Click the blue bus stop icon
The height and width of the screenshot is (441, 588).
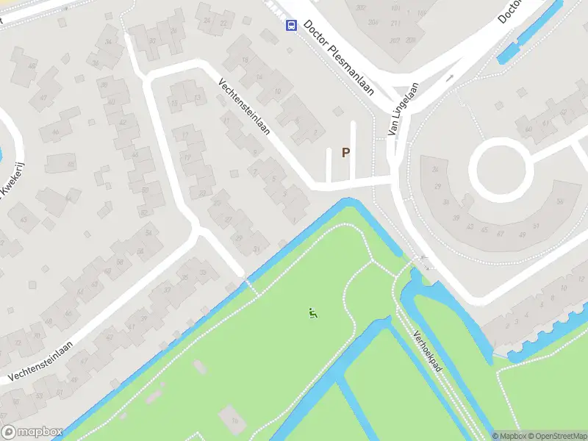pyautogui.click(x=291, y=26)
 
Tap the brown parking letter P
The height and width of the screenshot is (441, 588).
pyautogui.click(x=345, y=153)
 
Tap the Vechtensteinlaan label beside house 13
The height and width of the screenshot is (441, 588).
pyautogui.click(x=245, y=107)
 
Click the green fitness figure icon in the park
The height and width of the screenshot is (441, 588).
pyautogui.click(x=313, y=314)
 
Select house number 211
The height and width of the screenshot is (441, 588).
pyautogui.click(x=396, y=24)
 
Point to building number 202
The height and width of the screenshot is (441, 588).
pyautogui.click(x=361, y=8)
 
